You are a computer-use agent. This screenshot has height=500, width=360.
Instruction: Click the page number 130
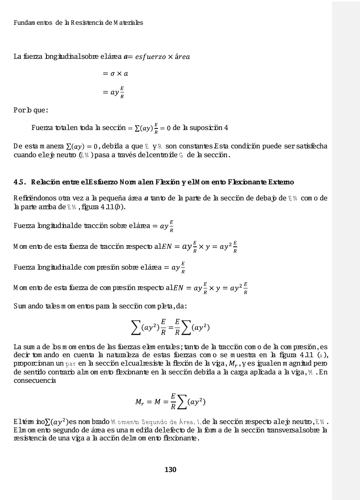click(x=170, y=469)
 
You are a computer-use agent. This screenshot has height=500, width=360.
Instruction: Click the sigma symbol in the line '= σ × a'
click(x=112, y=74)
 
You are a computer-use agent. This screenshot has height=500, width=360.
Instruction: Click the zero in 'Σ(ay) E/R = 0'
click(x=168, y=128)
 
